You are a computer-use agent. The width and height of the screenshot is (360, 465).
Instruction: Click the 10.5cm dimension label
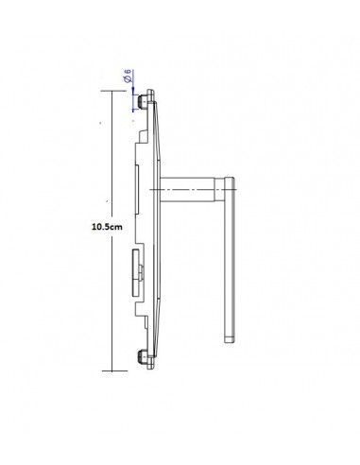(107, 227)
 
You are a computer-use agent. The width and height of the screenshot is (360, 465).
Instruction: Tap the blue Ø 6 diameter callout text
(128, 77)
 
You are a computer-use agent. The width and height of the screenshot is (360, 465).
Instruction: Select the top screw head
(142, 101)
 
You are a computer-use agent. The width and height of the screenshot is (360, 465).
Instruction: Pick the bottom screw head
(142, 357)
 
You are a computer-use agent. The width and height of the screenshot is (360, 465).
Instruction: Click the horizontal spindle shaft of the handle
(187, 189)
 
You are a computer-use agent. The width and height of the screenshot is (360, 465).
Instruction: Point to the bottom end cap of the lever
(229, 339)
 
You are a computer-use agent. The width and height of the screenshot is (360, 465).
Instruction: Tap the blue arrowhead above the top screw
(133, 91)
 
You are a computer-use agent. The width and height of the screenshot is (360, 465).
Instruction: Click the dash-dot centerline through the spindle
(193, 189)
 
